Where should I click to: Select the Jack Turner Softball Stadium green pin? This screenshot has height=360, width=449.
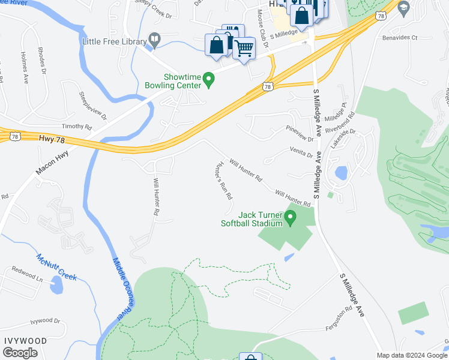(291, 219)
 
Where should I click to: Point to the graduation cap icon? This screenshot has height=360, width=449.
(403, 8)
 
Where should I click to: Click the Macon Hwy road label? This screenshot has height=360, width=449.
(53, 162)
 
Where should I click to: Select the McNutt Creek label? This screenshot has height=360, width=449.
(56, 268)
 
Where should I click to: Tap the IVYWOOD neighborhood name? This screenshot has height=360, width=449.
(25, 340)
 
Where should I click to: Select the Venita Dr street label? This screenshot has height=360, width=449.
(302, 152)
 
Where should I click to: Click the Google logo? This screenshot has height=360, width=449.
(20, 353)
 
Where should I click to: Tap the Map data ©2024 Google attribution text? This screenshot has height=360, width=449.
(412, 355)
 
